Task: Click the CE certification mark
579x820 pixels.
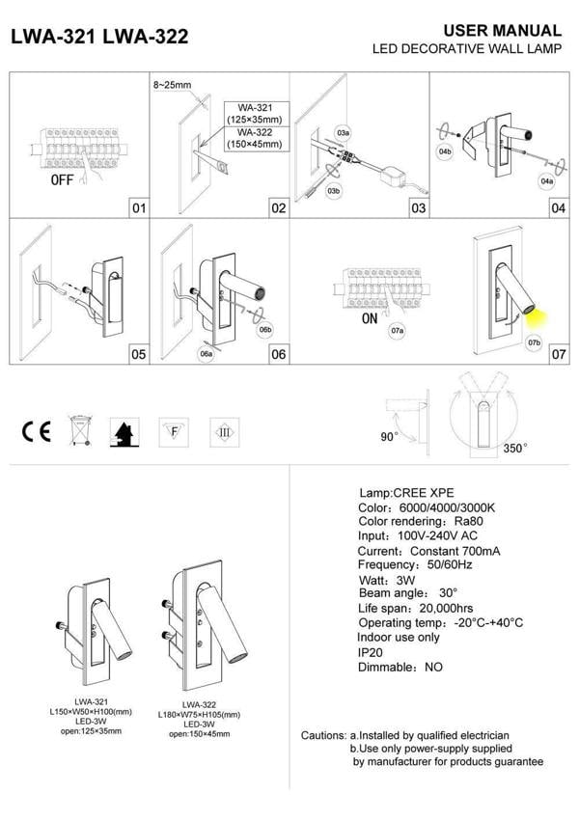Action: pos(37,430)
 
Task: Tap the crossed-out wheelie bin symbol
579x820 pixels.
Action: pos(78,430)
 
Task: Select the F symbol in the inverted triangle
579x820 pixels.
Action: pos(173,430)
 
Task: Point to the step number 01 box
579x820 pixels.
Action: pos(138,207)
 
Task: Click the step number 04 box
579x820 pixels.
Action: pos(558,207)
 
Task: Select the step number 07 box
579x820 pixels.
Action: pos(558,354)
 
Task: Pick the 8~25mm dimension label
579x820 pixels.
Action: pos(172,85)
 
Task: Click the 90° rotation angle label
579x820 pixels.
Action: pos(388,437)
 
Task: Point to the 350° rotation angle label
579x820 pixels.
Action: pos(516,449)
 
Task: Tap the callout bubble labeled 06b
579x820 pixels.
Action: pos(264,331)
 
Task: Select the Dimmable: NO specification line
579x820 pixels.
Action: pos(400,667)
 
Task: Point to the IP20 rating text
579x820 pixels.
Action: pos(372,652)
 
